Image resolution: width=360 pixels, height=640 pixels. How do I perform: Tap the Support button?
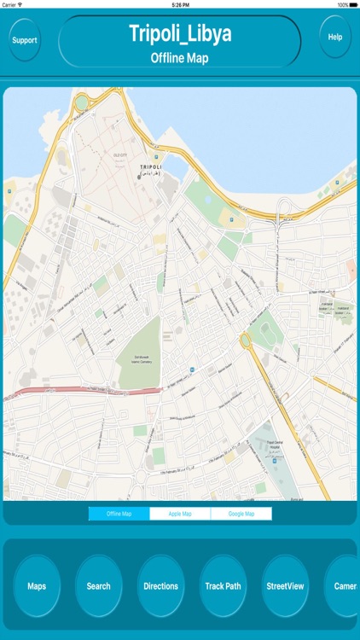25,40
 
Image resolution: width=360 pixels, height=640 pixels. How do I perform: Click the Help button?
335,38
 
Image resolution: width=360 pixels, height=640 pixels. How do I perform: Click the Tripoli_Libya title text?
180,33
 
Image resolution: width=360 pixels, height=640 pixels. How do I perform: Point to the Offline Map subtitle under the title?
180,58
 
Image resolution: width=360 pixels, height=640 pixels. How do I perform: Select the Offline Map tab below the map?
119,514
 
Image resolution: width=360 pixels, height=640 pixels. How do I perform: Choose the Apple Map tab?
180,514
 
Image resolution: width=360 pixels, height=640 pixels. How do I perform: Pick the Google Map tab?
241,514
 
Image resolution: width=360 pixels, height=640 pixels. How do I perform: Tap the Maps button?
37,586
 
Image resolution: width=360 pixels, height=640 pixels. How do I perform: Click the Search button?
98,586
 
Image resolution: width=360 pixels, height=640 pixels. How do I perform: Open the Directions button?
160,586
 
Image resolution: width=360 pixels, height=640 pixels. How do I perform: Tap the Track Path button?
223,586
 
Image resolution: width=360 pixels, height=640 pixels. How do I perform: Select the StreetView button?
285,586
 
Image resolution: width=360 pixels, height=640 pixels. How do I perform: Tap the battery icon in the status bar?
351,4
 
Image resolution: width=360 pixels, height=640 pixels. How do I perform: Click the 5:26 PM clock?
180,4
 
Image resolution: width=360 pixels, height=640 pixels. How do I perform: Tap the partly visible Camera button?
345,586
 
